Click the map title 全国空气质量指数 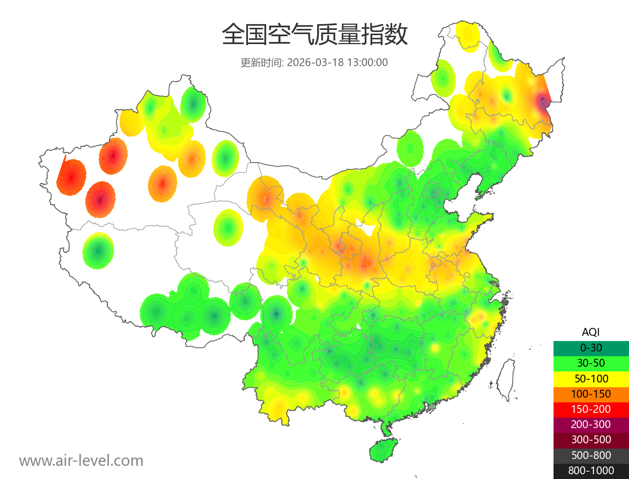coord(314,35)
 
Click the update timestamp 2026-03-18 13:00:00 coord(338,62)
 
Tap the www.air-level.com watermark coord(81,461)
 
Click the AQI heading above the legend coord(591,332)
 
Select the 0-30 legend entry coord(591,347)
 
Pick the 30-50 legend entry coord(591,363)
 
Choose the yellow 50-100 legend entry coord(591,378)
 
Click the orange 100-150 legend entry coord(591,393)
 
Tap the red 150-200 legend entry coord(591,409)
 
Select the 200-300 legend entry coord(591,424)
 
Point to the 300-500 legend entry coord(591,440)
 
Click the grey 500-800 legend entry coord(591,455)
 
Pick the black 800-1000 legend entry coord(591,471)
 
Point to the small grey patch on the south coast coord(432,406)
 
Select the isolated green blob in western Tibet coord(98,250)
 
